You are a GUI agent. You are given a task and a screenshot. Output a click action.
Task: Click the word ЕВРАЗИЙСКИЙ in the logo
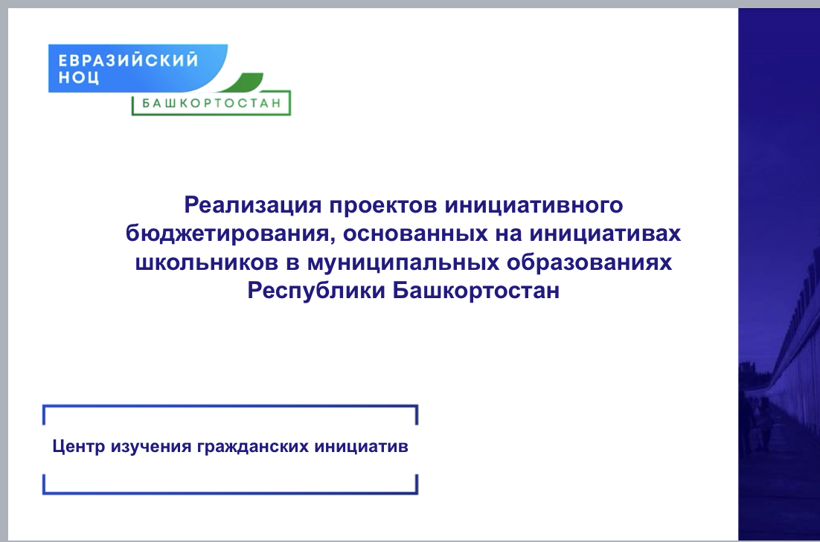(x=128, y=59)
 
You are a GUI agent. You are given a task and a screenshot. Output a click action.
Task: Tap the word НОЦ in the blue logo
(x=78, y=78)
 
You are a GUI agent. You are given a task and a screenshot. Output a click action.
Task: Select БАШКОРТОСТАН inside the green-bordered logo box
(x=212, y=103)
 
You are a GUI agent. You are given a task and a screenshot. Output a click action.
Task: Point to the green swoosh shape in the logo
(x=245, y=83)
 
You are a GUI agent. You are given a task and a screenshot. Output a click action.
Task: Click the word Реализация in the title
(x=252, y=205)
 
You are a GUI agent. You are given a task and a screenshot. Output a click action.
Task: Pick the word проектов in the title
(x=382, y=205)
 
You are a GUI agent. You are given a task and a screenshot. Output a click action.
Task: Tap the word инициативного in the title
(x=534, y=205)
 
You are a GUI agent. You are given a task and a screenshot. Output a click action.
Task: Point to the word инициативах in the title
(x=605, y=233)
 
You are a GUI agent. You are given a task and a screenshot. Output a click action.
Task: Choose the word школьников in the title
(x=207, y=262)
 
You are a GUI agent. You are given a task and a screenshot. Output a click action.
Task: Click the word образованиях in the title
(x=589, y=262)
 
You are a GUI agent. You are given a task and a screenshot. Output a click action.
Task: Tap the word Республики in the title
(x=316, y=291)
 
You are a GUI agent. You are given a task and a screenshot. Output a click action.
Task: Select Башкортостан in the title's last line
(x=476, y=291)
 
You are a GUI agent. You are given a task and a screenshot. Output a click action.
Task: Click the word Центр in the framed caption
(x=78, y=446)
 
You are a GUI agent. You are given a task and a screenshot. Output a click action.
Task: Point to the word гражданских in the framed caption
(x=252, y=447)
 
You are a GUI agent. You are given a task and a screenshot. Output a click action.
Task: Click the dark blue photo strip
(x=779, y=274)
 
